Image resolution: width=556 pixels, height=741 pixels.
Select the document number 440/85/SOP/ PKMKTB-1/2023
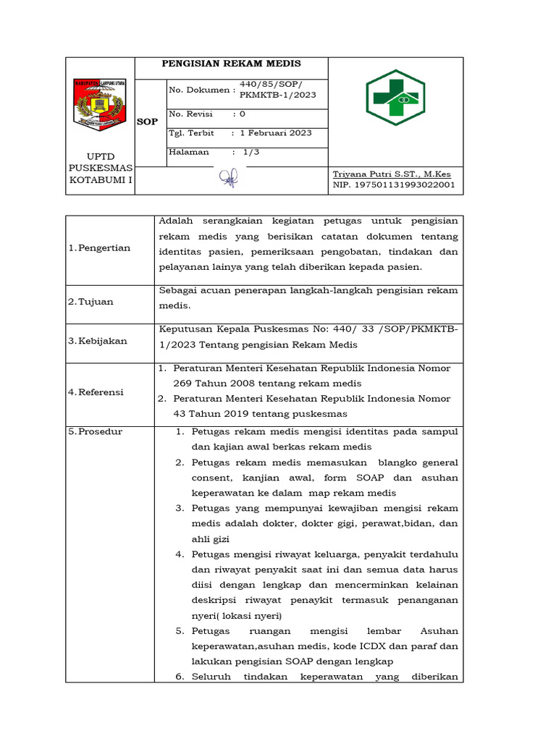pyautogui.click(x=277, y=90)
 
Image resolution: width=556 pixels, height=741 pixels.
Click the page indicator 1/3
pyautogui.click(x=250, y=152)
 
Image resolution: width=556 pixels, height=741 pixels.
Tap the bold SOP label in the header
pyautogui.click(x=148, y=122)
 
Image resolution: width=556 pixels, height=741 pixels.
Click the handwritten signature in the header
pyautogui.click(x=229, y=179)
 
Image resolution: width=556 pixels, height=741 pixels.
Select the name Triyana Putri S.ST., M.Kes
pyautogui.click(x=391, y=174)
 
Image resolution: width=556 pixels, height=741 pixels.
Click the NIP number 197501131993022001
pyautogui.click(x=394, y=185)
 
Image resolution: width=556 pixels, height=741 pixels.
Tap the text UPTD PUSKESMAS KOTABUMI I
pyautogui.click(x=101, y=168)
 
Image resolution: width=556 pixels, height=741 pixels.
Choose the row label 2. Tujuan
pyautogui.click(x=91, y=302)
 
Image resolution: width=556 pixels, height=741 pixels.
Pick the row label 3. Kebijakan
pyautogui.click(x=98, y=339)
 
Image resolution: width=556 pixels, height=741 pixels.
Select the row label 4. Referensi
pyautogui.click(x=96, y=392)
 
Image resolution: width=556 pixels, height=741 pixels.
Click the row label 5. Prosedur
pyautogui.click(x=96, y=432)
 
